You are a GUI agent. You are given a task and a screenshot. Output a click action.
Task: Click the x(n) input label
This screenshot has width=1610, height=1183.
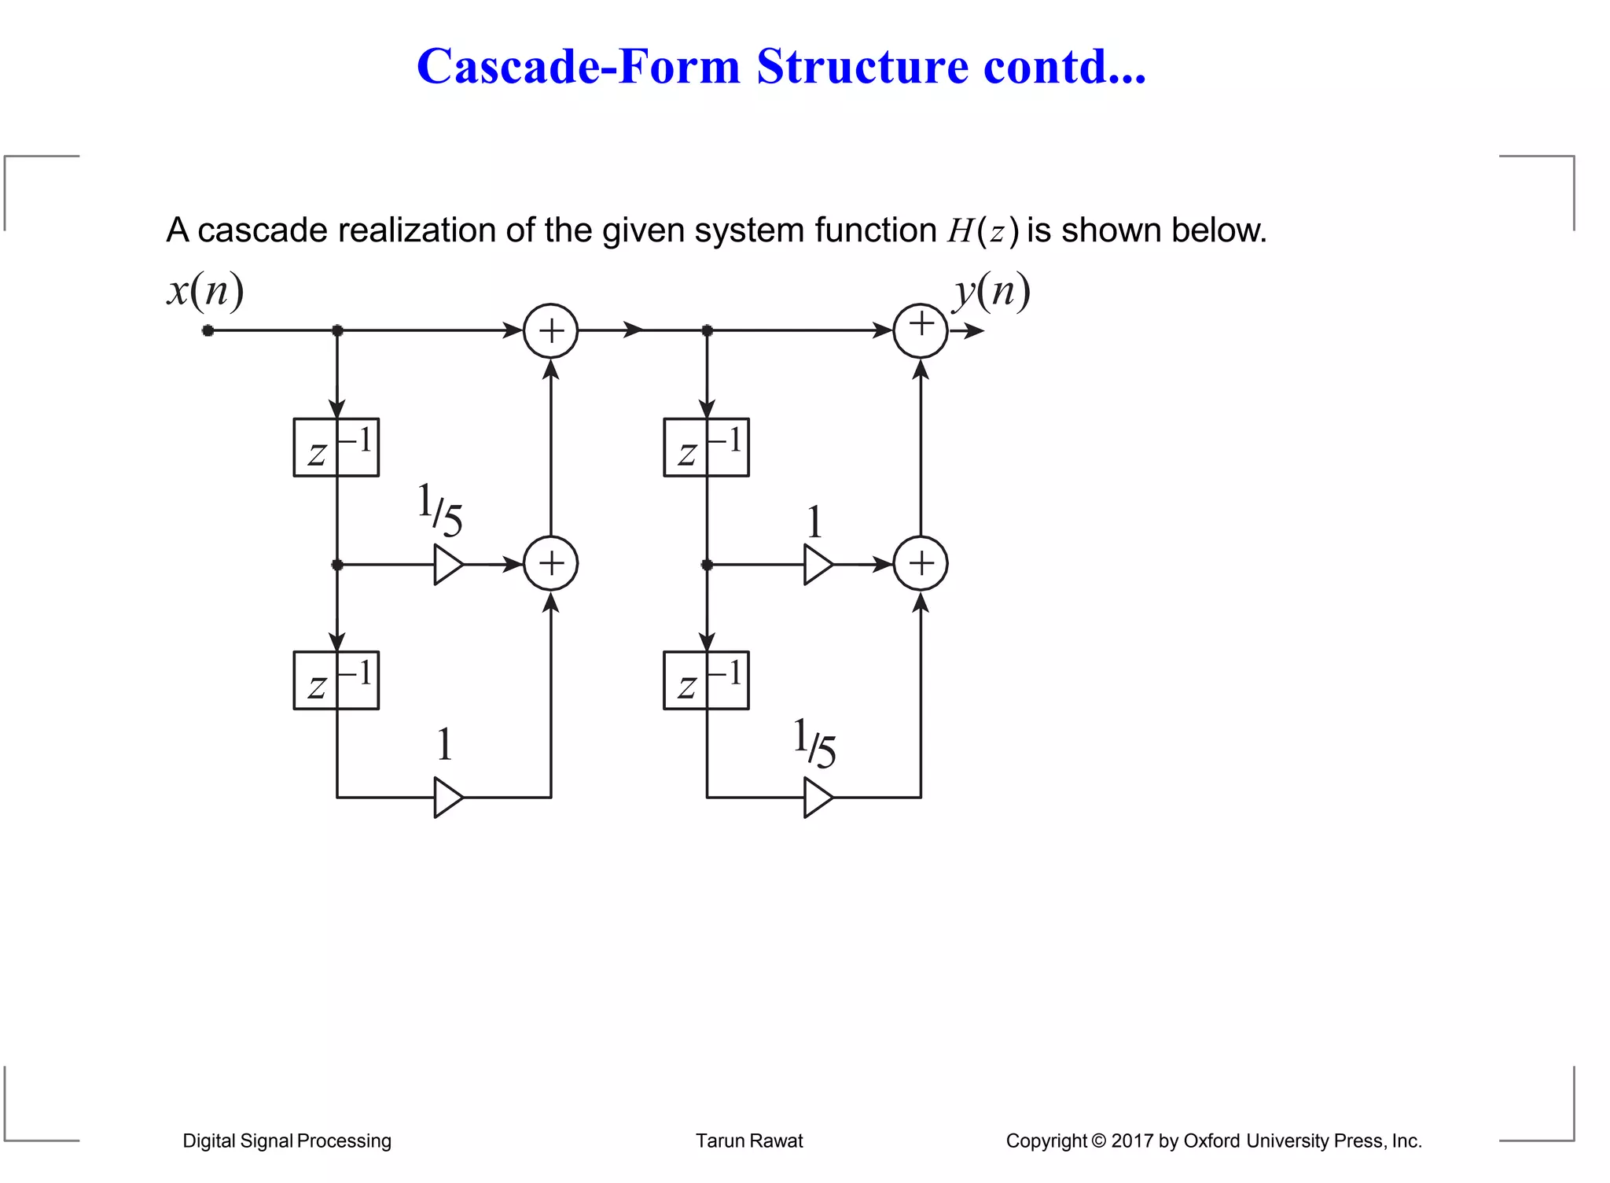[x=205, y=291]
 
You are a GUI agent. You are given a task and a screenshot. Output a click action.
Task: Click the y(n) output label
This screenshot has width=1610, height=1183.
[x=991, y=291]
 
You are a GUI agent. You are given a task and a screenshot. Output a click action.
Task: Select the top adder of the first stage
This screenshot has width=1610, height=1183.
[x=551, y=331]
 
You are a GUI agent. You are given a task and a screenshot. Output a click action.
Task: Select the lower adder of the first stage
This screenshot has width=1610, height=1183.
[x=551, y=564]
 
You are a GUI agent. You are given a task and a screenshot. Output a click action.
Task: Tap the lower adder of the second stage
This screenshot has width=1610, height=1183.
[x=921, y=564]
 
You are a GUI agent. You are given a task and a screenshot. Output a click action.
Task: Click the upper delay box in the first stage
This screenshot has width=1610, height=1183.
[x=336, y=448]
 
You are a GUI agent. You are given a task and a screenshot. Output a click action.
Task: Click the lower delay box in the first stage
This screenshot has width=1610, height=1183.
[x=336, y=680]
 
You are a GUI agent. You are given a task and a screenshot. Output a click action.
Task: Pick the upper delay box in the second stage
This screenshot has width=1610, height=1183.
[x=706, y=448]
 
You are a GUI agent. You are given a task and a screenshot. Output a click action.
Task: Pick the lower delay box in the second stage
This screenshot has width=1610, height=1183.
[x=706, y=680]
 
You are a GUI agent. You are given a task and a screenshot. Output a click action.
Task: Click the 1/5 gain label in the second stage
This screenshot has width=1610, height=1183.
[x=814, y=743]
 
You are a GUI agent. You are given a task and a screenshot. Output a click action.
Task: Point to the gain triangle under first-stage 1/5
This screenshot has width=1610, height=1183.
[x=447, y=565]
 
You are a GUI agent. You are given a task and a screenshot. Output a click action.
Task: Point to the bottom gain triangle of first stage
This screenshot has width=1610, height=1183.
[x=447, y=798]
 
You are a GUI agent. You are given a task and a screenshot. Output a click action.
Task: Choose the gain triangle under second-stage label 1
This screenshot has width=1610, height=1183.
[x=817, y=565]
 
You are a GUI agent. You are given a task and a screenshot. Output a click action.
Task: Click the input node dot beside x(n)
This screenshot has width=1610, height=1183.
[x=208, y=331]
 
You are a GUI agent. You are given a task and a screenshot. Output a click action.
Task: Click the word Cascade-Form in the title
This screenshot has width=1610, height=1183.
[x=579, y=66]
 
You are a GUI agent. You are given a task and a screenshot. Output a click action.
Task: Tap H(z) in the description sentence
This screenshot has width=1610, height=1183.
[x=983, y=231]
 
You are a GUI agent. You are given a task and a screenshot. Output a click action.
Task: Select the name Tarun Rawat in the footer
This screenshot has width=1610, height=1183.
[x=749, y=1141]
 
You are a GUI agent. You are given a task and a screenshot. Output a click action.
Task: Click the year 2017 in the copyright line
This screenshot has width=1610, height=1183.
[x=1132, y=1141]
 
